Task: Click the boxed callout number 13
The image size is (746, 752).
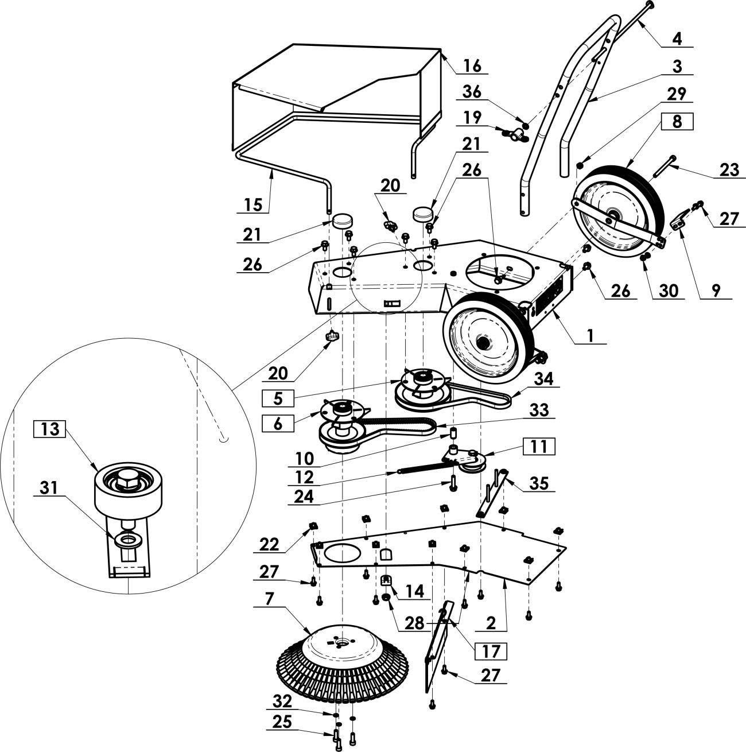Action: (x=49, y=429)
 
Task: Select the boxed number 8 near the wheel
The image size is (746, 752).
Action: (x=677, y=121)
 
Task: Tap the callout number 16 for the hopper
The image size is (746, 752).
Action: (x=472, y=65)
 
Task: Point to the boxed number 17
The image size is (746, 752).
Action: (x=491, y=650)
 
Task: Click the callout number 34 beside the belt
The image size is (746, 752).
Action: (x=543, y=378)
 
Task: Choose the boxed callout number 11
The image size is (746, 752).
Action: (x=539, y=446)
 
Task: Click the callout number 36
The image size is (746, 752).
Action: (x=472, y=92)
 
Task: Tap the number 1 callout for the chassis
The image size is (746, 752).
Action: (x=590, y=335)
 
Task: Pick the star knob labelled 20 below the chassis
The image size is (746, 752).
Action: (x=333, y=335)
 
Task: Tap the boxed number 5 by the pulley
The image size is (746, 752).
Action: (x=278, y=398)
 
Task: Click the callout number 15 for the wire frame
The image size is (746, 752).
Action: (x=254, y=204)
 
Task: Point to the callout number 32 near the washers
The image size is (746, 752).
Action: (x=282, y=701)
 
